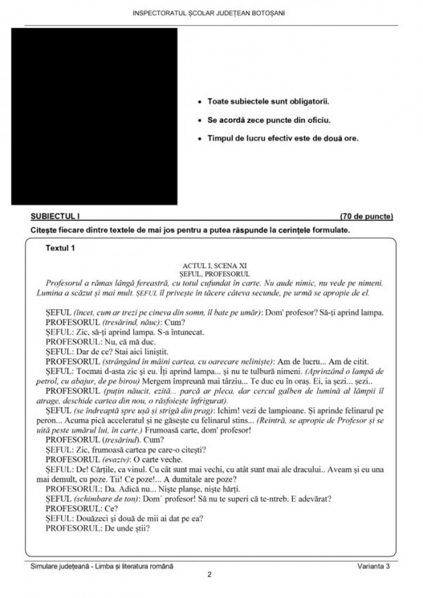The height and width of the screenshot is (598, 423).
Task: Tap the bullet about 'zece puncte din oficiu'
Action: [269, 119]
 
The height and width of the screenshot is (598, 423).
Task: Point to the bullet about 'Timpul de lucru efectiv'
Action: [282, 138]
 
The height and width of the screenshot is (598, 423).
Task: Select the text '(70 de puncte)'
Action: [366, 216]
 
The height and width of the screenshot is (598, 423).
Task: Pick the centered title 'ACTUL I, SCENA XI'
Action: [211, 264]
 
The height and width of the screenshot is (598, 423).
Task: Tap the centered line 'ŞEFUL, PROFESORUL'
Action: [211, 272]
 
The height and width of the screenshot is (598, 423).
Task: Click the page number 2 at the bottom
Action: [211, 575]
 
